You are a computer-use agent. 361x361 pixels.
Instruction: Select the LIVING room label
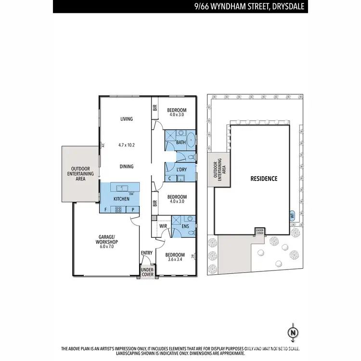126,119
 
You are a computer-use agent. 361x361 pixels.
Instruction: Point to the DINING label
127,167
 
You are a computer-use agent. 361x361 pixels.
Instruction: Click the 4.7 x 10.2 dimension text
127,144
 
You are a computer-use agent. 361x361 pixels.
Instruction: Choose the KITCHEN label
121,199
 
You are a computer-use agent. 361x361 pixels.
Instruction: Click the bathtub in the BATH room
191,140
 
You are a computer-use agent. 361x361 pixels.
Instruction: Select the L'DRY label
181,170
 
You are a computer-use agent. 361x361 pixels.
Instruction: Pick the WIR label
163,225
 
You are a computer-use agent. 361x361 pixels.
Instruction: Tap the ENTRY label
146,253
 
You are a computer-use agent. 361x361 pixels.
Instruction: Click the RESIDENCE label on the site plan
264,179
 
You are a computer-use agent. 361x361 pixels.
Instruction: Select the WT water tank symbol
292,215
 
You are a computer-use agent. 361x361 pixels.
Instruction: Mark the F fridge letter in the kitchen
105,209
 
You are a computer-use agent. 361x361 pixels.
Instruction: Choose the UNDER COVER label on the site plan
260,231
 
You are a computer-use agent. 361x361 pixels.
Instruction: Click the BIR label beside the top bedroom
155,108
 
